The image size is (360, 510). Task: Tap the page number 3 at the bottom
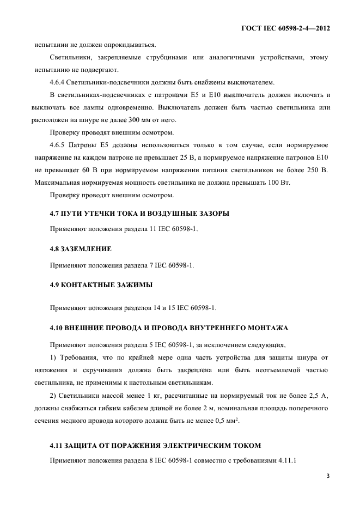pos(328,476)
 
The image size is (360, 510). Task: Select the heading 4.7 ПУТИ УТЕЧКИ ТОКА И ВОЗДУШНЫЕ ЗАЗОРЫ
pos(139,213)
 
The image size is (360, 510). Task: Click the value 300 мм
pos(170,120)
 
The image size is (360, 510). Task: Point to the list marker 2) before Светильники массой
pos(53,394)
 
